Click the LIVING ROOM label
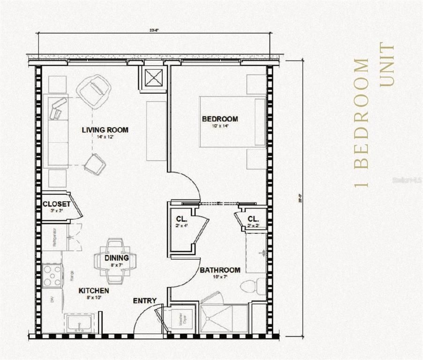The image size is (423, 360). click(105, 130)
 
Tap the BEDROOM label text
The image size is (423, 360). click(219, 119)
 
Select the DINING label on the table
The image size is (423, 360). click(116, 258)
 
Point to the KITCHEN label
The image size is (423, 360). click(93, 291)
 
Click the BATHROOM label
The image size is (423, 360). click(220, 270)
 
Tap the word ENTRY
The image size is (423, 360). click(144, 300)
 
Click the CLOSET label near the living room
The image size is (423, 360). click(56, 204)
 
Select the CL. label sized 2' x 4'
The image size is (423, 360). click(182, 219)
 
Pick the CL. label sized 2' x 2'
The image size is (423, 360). click(253, 219)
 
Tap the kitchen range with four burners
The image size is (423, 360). click(52, 276)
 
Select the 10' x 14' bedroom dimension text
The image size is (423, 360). click(219, 126)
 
